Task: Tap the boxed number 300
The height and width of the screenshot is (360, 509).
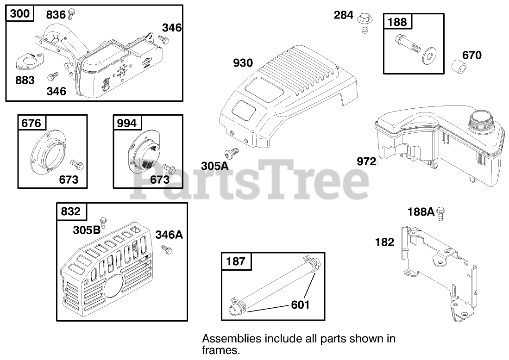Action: coord(19,14)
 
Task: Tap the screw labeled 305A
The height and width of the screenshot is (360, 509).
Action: coord(231,152)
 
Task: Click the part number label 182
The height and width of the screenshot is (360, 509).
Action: coord(384,242)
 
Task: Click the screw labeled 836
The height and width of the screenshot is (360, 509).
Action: coord(71,14)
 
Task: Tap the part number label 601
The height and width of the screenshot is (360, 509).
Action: coord(300,304)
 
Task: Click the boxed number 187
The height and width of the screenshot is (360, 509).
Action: coord(236,262)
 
